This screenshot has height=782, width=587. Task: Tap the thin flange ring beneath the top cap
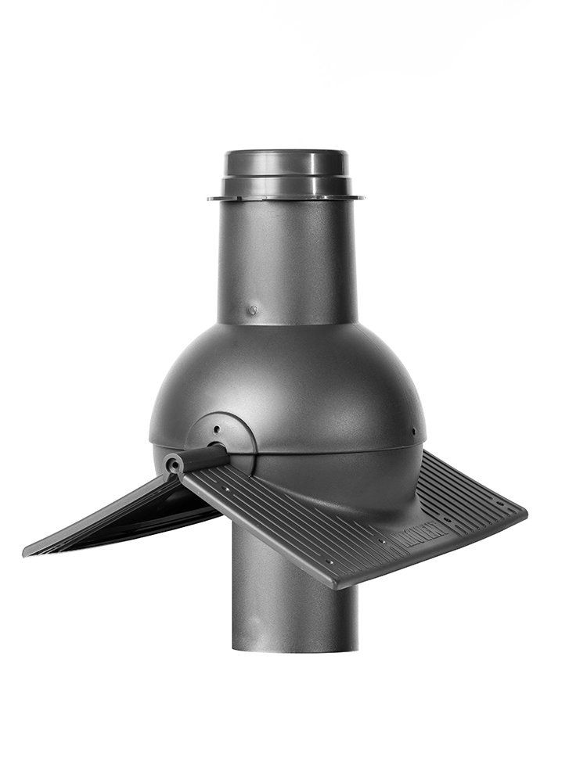(286, 197)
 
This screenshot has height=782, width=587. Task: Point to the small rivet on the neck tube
(252, 310)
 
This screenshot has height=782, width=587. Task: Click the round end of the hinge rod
(173, 465)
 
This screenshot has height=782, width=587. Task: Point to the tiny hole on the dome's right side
(412, 429)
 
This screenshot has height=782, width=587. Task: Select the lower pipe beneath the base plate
(293, 602)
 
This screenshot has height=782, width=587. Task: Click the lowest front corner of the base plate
(335, 584)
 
